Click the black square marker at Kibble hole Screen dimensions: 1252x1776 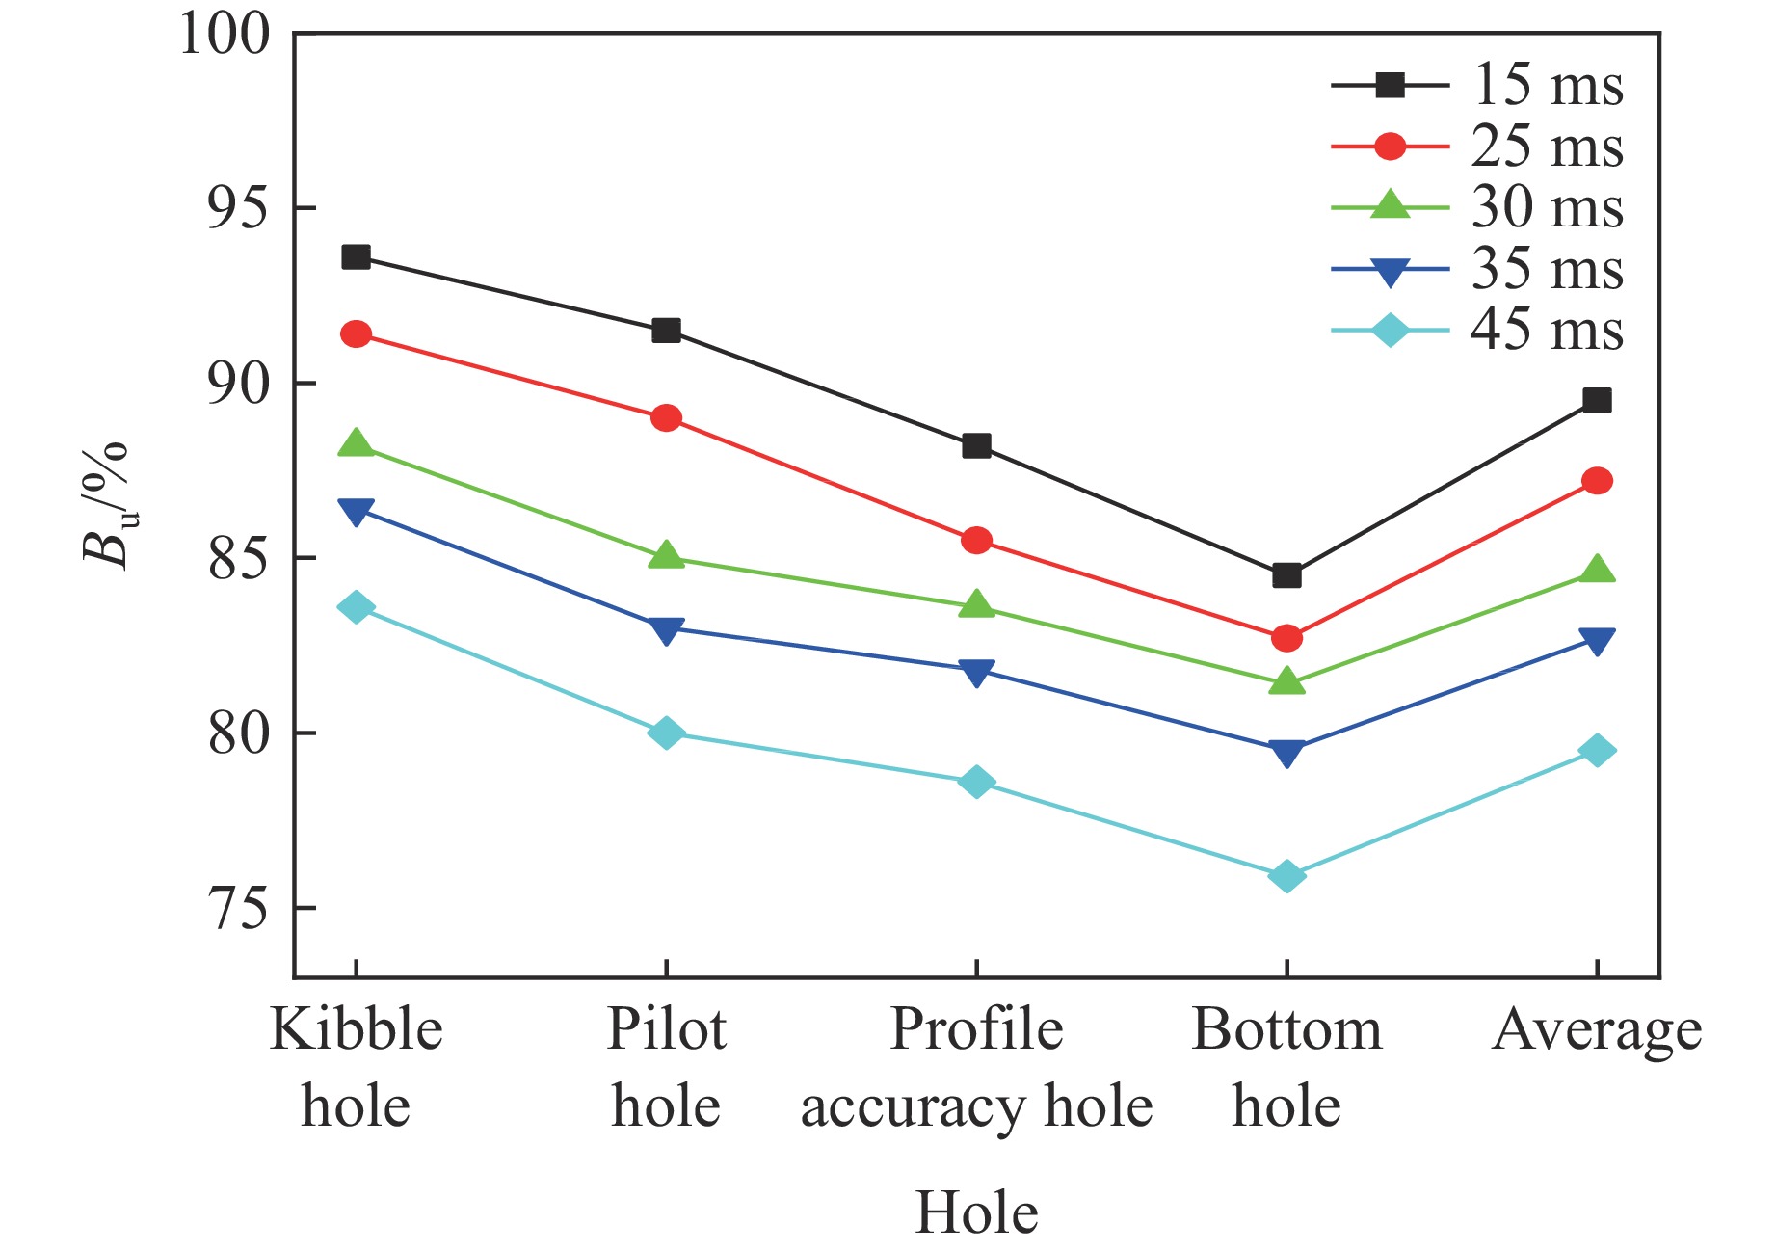(356, 256)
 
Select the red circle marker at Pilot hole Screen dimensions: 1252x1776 (666, 418)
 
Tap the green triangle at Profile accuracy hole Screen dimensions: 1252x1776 (976, 605)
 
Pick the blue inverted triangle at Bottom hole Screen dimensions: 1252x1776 (1286, 753)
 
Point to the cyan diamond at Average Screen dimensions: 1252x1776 (1597, 751)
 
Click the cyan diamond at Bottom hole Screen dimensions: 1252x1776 (1286, 876)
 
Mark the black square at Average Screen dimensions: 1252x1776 (1597, 400)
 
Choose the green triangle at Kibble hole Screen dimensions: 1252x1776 (356, 444)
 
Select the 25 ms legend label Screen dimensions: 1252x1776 (1546, 147)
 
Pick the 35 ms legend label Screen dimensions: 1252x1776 (1546, 269)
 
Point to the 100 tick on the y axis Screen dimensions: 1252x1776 (225, 35)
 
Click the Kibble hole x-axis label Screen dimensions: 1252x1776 (356, 1067)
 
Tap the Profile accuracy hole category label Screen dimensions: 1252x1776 (976, 1067)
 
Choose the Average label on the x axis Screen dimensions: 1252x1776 (1597, 1030)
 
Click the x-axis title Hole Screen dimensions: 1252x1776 (976, 1212)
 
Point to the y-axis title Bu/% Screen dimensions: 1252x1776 (105, 505)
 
